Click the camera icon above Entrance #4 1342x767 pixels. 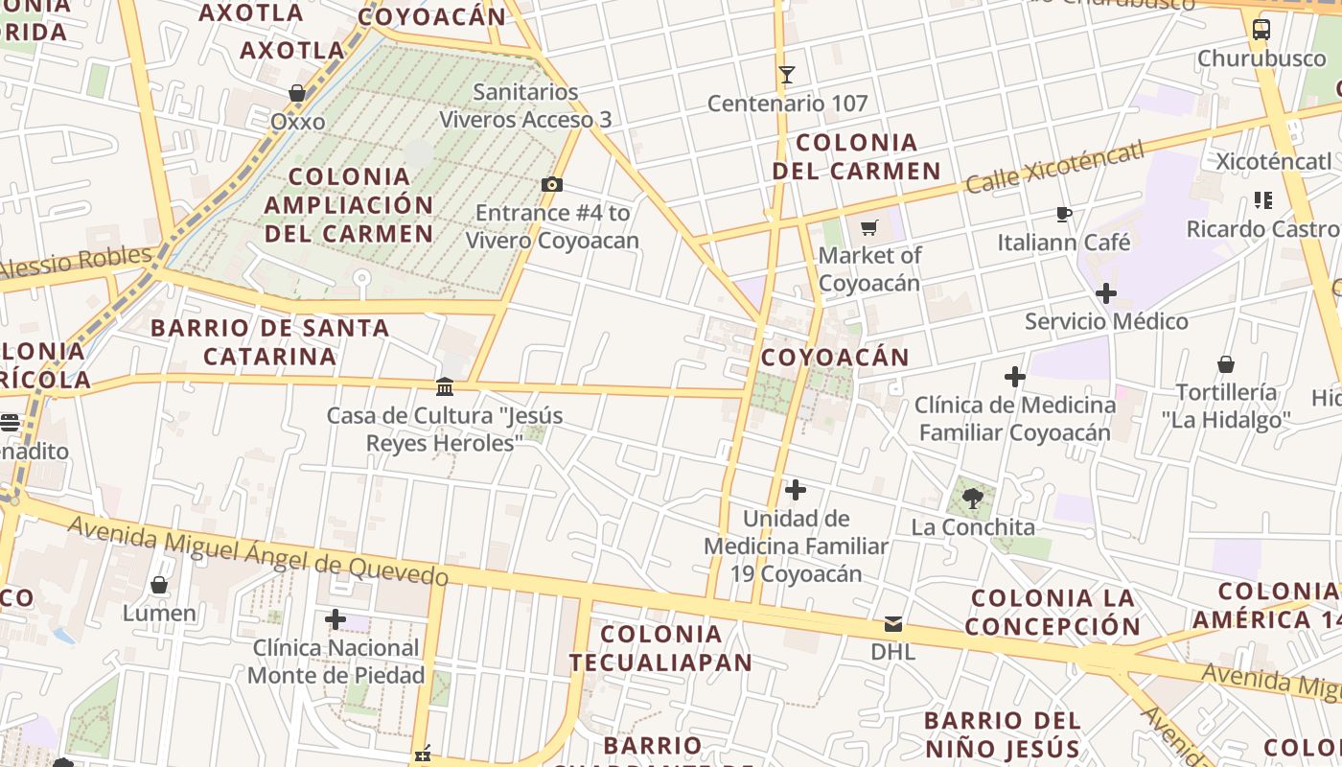point(552,184)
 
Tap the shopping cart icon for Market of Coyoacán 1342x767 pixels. point(869,227)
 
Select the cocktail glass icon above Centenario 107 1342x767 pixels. point(787,74)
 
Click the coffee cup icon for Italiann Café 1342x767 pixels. point(1063,214)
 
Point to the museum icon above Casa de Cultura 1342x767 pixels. point(445,386)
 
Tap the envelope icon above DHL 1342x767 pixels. point(893,624)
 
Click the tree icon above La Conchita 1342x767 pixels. point(973,498)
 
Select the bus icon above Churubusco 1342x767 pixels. point(1261,30)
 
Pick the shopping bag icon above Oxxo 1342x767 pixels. point(297,93)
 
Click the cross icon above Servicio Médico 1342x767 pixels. point(1106,293)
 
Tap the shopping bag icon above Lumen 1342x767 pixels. point(159,585)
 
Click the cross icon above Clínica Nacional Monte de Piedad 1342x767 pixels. point(335,619)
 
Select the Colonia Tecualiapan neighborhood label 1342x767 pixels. point(660,647)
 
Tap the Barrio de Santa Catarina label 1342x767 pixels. point(270,341)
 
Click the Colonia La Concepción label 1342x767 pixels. point(1053,613)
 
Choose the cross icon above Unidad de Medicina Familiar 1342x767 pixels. point(796,491)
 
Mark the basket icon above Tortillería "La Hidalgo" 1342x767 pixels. point(1226,364)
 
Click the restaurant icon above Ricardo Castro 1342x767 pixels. point(1263,200)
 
